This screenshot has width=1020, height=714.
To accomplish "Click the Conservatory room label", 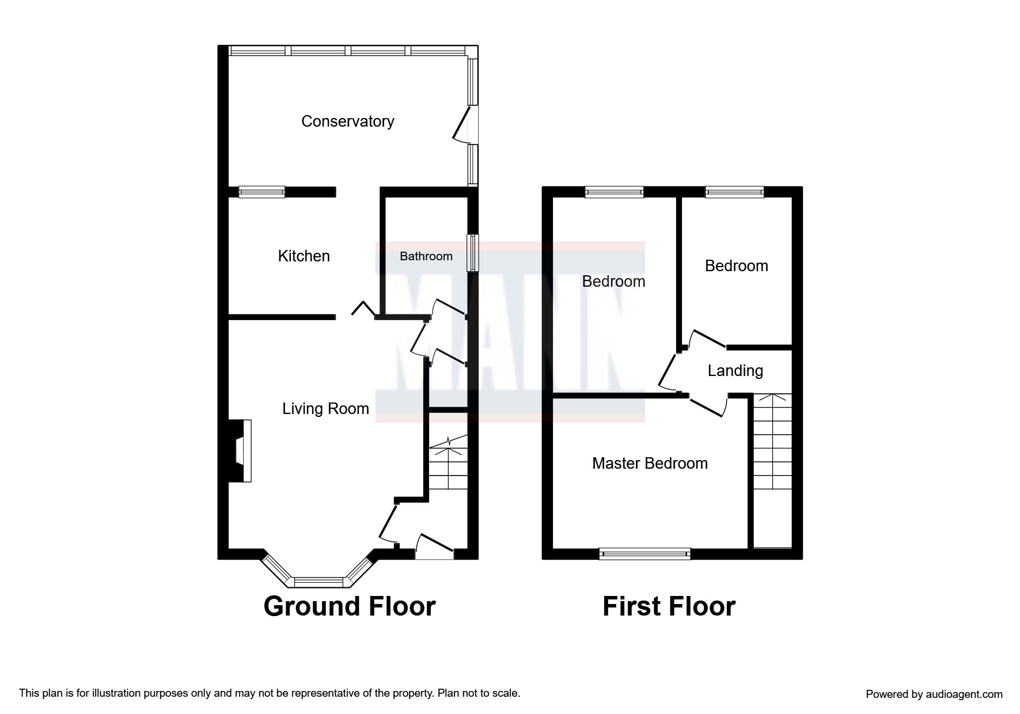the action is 347,121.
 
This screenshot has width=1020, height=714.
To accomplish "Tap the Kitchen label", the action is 304,256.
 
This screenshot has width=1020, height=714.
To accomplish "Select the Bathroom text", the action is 426,256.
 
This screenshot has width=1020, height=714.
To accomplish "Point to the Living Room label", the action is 325,409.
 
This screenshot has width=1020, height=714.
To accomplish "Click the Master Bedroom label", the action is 650,464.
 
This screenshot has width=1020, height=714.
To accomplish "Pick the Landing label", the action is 735,371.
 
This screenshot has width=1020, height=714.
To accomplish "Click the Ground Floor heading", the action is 350,606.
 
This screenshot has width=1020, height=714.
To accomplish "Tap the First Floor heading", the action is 669,606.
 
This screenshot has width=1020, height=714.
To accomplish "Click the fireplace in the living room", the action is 240,451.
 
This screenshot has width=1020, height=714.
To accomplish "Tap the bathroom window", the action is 472,252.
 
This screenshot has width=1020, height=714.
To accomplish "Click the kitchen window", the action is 262,192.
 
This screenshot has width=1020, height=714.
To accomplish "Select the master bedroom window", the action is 644,554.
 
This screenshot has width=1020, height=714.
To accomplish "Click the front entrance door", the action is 434,546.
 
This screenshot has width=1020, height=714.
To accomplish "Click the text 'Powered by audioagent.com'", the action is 934,694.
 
